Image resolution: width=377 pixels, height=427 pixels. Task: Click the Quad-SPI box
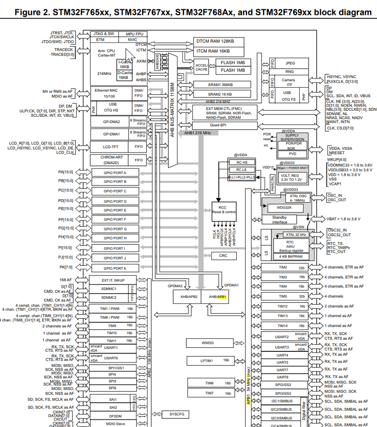pyautogui.click(x=225, y=126)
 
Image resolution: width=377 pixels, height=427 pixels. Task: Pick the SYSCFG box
pyautogui.click(x=176, y=414)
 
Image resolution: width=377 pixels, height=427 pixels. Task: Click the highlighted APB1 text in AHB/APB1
pyautogui.click(x=222, y=296)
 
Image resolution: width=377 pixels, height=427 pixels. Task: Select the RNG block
pyautogui.click(x=289, y=72)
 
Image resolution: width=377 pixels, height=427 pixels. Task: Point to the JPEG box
pyautogui.click(x=290, y=63)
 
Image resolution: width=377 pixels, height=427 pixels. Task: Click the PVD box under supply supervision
pyautogui.click(x=292, y=154)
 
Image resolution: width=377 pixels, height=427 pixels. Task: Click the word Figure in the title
pyautogui.click(x=31, y=12)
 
